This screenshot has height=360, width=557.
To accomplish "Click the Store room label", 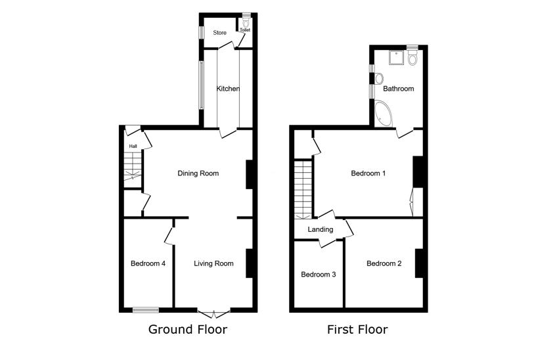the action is click(219, 33).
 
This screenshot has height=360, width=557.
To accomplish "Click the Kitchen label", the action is click(228, 89).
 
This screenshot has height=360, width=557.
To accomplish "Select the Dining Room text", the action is click(198, 173).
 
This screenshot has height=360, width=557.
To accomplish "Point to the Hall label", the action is click(133, 146).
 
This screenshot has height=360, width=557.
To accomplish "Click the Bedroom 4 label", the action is click(148, 263).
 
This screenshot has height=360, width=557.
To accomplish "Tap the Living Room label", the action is click(213, 263).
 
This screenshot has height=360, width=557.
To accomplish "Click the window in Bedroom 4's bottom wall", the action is click(146, 310).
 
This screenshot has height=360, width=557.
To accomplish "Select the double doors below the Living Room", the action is click(214, 314).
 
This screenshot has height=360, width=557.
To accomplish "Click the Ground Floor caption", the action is click(188, 329).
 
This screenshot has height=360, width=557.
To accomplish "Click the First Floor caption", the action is click(357, 329).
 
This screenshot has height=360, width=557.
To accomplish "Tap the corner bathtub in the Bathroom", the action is click(383, 114).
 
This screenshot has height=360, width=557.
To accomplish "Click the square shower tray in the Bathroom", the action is click(396, 58).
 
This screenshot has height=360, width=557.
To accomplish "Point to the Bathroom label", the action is click(398, 89).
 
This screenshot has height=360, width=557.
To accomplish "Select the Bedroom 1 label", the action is click(368, 173).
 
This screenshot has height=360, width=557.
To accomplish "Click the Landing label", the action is click(321, 229).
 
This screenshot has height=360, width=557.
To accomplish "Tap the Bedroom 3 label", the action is click(319, 275).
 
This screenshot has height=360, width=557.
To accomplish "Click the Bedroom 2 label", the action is click(384, 263).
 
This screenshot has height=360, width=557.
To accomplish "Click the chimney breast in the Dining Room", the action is click(250, 175).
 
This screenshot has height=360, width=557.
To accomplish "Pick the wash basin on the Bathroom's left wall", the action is click(379, 78).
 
